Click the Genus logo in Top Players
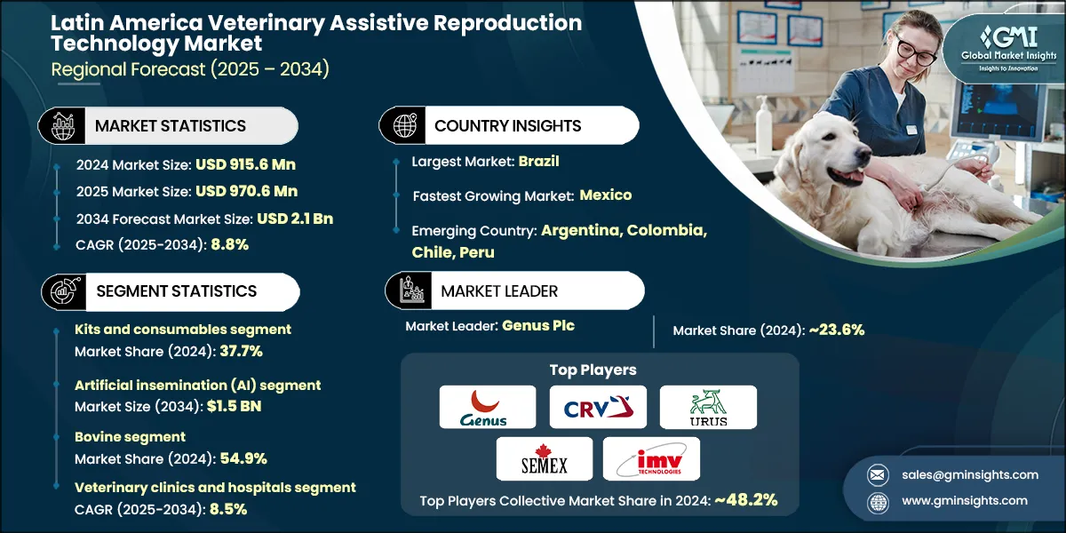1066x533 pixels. [488, 407]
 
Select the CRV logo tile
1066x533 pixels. [598, 407]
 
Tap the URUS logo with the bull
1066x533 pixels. [708, 407]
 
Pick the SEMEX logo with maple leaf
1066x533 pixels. [545, 458]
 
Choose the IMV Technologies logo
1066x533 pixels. [651, 458]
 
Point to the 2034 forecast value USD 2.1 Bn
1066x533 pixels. [295, 219]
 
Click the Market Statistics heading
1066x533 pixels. [171, 126]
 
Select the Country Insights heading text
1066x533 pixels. [507, 126]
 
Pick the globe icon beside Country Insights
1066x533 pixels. [404, 125]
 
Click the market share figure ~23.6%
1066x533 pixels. [836, 330]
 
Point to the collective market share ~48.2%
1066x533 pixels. [747, 500]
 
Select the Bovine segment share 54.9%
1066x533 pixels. [239, 458]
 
